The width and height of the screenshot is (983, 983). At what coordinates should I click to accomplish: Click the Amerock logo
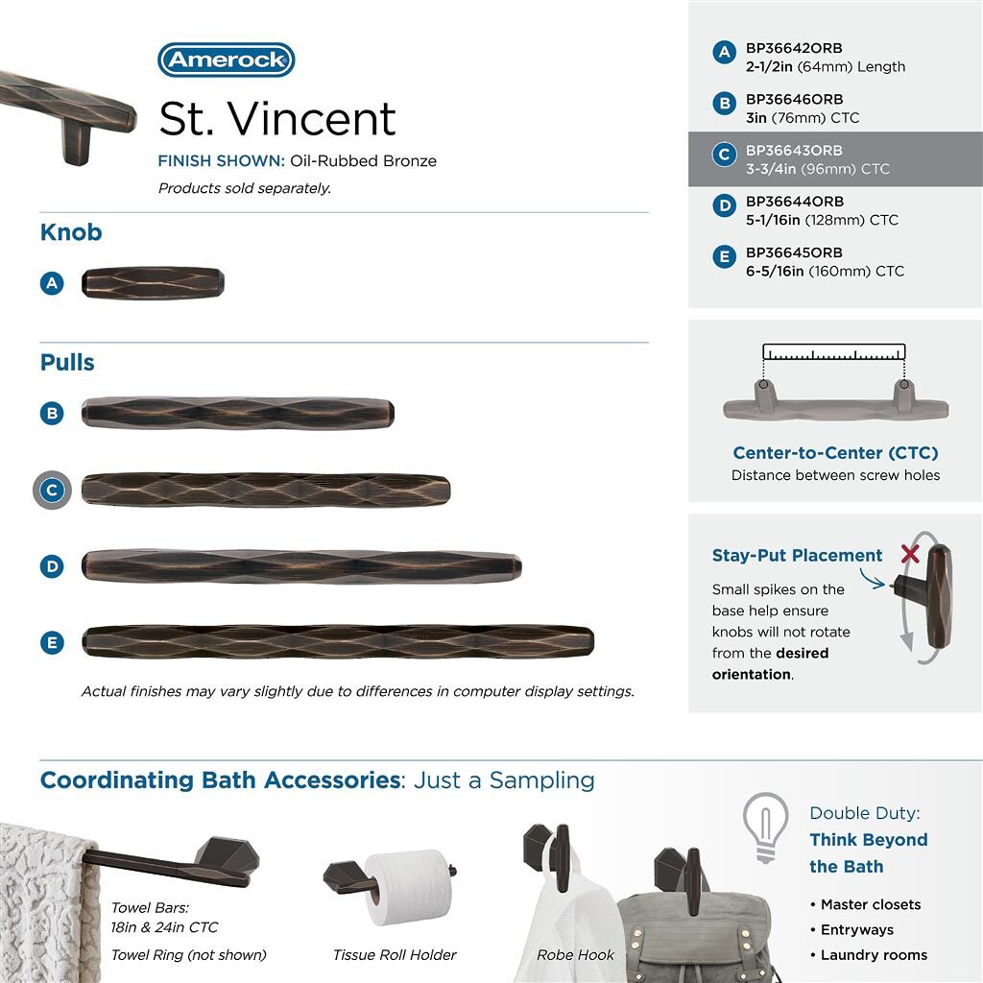coord(226,60)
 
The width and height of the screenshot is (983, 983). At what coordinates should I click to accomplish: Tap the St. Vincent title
coord(276,119)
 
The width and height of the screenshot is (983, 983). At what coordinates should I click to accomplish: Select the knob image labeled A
coord(153,283)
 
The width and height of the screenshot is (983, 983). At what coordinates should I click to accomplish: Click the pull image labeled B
coord(237,413)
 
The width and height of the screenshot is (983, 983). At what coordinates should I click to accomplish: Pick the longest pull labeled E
coord(338,641)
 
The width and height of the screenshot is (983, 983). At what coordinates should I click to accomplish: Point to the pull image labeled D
coord(301,565)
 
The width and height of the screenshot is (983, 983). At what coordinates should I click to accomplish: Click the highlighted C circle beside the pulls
coord(52,491)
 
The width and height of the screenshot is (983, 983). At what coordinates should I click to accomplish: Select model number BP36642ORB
coord(794,48)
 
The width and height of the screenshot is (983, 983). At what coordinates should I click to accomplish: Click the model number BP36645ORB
coord(794,252)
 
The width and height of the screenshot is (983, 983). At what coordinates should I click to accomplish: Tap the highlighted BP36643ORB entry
coord(794,151)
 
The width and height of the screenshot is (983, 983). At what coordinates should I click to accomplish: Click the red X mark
coord(910,554)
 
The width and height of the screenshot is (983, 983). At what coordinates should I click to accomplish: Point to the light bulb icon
coord(765,826)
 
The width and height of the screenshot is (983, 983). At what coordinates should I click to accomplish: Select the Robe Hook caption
coord(575,955)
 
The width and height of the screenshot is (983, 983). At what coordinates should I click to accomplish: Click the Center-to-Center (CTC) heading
coord(835,453)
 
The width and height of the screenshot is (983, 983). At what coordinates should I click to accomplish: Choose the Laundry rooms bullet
coord(873,955)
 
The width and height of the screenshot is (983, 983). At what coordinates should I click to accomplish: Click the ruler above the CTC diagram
coord(834,352)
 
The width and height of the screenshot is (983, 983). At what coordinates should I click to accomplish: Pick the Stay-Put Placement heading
coord(797,556)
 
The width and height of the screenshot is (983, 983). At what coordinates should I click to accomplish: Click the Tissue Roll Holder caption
coord(395,955)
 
